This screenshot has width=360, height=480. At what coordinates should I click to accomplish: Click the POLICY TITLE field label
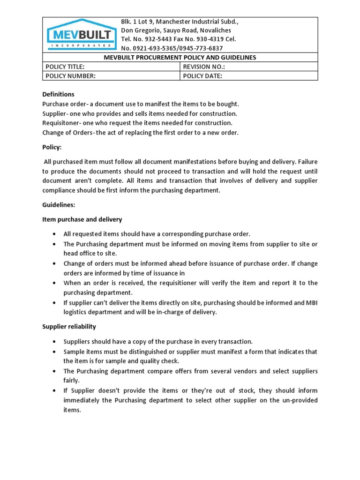(x=65, y=67)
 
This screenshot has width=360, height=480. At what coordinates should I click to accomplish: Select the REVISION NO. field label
(x=204, y=67)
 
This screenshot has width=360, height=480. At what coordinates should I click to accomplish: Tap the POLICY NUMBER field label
(x=70, y=76)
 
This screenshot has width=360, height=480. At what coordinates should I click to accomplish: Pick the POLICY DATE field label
(x=202, y=76)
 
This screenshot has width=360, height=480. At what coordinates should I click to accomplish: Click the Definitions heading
(x=59, y=94)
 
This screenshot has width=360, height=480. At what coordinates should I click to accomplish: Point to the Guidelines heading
(x=58, y=205)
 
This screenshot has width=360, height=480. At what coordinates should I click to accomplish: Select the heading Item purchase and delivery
(x=82, y=219)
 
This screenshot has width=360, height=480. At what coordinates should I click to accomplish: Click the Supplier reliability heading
(x=69, y=326)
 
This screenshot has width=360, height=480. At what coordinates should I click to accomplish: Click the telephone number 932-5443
(x=158, y=39)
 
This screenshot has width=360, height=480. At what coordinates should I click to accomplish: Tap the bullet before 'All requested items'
(x=55, y=233)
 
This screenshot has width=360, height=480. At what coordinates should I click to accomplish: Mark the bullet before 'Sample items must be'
(x=55, y=352)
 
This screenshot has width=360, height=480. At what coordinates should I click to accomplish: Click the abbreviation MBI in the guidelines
(x=311, y=303)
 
